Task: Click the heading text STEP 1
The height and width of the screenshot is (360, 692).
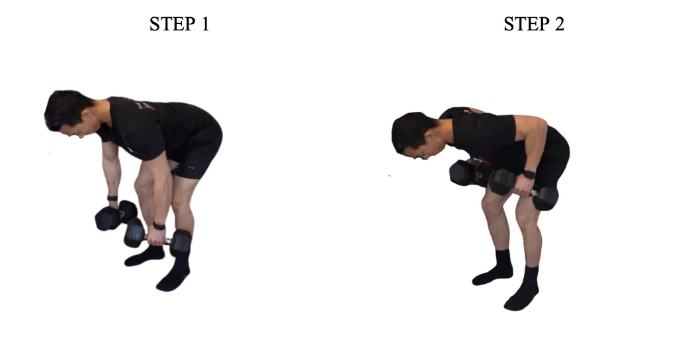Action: [x=179, y=24]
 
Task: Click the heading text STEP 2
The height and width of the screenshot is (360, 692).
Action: [x=533, y=24]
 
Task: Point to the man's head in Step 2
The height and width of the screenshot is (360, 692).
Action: [x=413, y=135]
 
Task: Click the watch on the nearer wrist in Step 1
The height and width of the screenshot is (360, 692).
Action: [x=159, y=226]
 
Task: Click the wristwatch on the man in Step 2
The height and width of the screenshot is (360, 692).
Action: [x=528, y=175]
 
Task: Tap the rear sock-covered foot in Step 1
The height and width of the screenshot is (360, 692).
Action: [x=143, y=256]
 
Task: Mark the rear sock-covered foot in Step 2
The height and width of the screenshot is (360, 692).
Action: [x=493, y=271]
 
